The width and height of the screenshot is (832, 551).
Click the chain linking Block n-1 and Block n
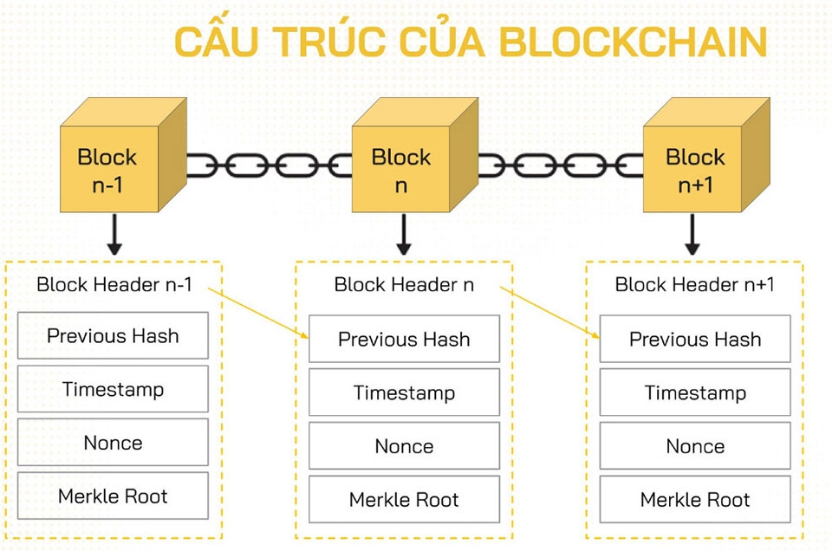pyautogui.click(x=269, y=165)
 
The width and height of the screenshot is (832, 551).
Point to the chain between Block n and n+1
pyautogui.click(x=561, y=165)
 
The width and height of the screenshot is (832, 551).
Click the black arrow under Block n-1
pyautogui.click(x=113, y=236)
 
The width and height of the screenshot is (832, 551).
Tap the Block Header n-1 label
pyautogui.click(x=114, y=285)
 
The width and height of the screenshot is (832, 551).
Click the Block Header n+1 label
pyautogui.click(x=694, y=285)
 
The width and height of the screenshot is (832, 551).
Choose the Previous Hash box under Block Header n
pyautogui.click(x=404, y=339)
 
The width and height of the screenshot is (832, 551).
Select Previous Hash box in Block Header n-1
pyautogui.click(x=113, y=336)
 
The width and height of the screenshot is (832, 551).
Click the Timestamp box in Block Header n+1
pyautogui.click(x=695, y=392)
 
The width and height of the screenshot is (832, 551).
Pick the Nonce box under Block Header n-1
pyautogui.click(x=113, y=443)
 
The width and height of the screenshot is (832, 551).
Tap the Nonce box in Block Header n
pyautogui.click(x=404, y=446)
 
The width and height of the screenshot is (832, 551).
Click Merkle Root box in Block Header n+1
pyautogui.click(x=695, y=500)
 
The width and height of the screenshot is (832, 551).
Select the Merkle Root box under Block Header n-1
pyautogui.click(x=113, y=496)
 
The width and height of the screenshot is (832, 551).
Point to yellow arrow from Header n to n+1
pyautogui.click(x=550, y=314)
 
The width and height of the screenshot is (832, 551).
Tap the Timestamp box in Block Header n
pyautogui.click(x=404, y=392)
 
